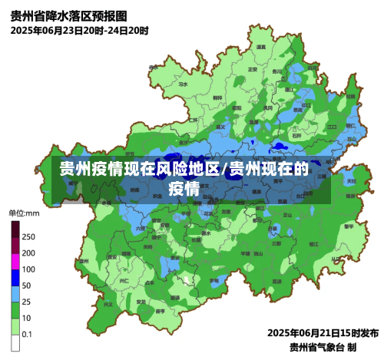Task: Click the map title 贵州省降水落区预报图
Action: (x=69, y=15)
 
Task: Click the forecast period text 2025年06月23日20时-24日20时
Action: (x=80, y=31)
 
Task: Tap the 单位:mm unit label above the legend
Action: (x=25, y=213)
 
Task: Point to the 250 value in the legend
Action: (x=28, y=236)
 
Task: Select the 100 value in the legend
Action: (x=28, y=269)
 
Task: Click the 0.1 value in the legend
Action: (x=28, y=334)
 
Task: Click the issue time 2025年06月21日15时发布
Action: (x=323, y=333)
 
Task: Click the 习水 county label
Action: (x=199, y=74)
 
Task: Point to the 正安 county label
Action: (x=252, y=69)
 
